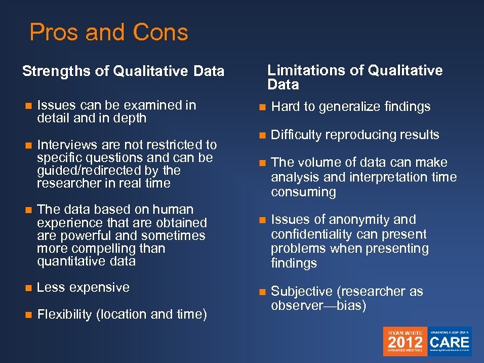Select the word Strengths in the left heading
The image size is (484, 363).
pos(53,71)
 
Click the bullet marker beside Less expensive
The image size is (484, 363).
pos(27,288)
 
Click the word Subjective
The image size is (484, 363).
pos(300,292)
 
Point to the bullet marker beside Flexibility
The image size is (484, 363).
pos(27,315)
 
